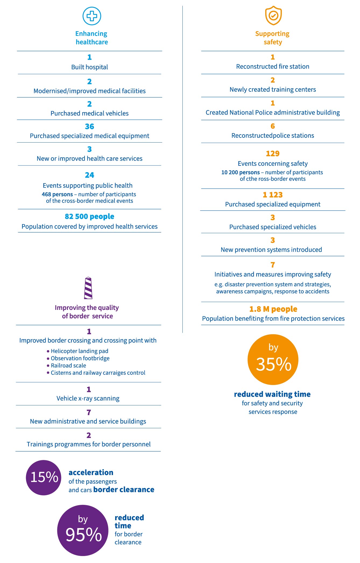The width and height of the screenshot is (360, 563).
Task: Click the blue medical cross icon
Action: point(92,16)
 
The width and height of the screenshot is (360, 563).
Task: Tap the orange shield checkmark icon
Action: point(273,16)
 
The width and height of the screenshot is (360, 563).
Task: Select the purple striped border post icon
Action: point(88,288)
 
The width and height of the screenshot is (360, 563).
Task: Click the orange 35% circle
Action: point(273,360)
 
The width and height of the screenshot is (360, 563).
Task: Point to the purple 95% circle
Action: point(83,530)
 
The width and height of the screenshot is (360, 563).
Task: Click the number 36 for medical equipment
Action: point(90,126)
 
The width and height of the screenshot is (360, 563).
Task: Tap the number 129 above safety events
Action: point(273,154)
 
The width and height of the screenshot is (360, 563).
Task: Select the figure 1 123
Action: point(273,195)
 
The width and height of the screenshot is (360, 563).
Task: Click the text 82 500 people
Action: point(90,217)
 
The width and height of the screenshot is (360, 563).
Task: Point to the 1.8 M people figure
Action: point(273,309)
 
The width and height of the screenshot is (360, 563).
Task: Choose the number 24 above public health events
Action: point(90,175)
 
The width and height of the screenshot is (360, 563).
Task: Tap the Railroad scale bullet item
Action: point(66,366)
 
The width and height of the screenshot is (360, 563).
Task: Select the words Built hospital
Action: point(90,67)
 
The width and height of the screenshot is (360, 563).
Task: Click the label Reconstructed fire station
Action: point(273,66)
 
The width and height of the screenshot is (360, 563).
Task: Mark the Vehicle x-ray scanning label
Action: point(88,398)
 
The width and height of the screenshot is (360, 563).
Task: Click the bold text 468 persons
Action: point(57,194)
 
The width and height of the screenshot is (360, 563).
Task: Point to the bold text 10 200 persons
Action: point(241,172)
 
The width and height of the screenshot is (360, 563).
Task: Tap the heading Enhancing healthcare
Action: point(91,38)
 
